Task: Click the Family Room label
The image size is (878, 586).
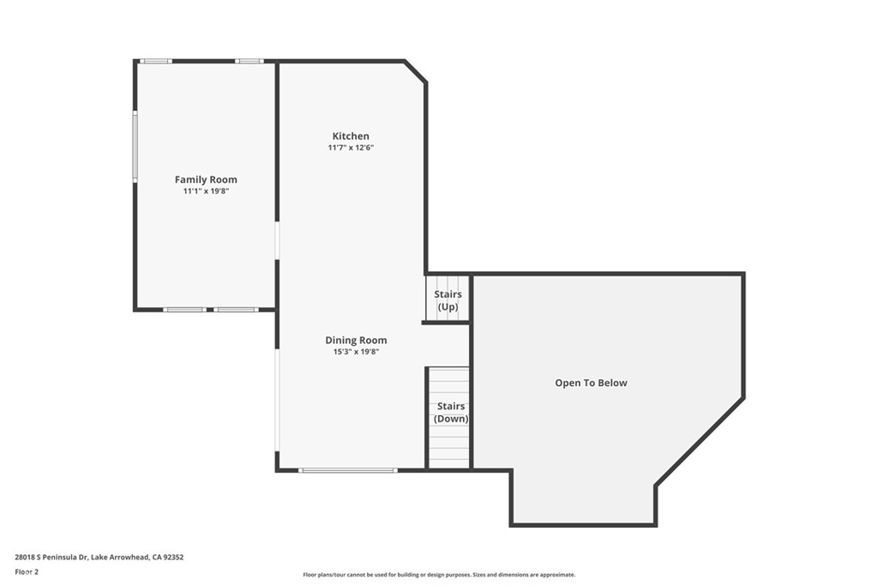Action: point(206,179)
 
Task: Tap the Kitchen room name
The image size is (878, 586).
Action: point(351,136)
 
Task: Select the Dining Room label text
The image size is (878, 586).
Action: point(356,340)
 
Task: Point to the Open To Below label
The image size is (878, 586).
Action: point(591,384)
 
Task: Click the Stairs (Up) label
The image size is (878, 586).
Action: point(448,300)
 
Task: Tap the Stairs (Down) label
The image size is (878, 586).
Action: point(451,413)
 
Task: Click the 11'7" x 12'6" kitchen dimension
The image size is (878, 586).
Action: point(351,148)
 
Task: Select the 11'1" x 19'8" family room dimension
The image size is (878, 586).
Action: point(206,191)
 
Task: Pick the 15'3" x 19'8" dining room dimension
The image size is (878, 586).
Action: point(356,352)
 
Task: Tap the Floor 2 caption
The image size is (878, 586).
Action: point(27,572)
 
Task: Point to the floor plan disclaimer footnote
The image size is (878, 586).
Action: point(439,575)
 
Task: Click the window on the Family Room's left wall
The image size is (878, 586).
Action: point(135,146)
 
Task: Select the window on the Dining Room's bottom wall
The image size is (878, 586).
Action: point(348,470)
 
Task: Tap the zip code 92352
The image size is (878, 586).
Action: point(173,558)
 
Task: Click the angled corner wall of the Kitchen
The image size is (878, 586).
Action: point(416,71)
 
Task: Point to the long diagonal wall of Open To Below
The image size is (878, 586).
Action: point(700,442)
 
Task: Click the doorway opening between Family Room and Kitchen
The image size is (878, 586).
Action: point(277,241)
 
